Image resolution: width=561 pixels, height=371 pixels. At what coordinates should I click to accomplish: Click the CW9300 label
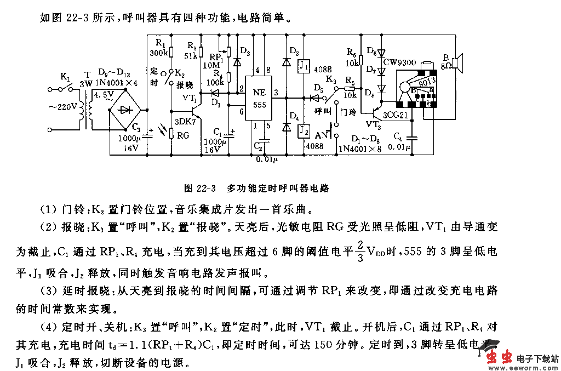pos(399,63)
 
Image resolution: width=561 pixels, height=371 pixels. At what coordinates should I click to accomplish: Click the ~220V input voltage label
pos(64,107)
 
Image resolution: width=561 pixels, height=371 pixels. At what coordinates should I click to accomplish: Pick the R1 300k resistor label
pos(158,48)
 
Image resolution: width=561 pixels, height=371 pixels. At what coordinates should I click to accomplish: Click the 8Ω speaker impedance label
pos(448,66)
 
